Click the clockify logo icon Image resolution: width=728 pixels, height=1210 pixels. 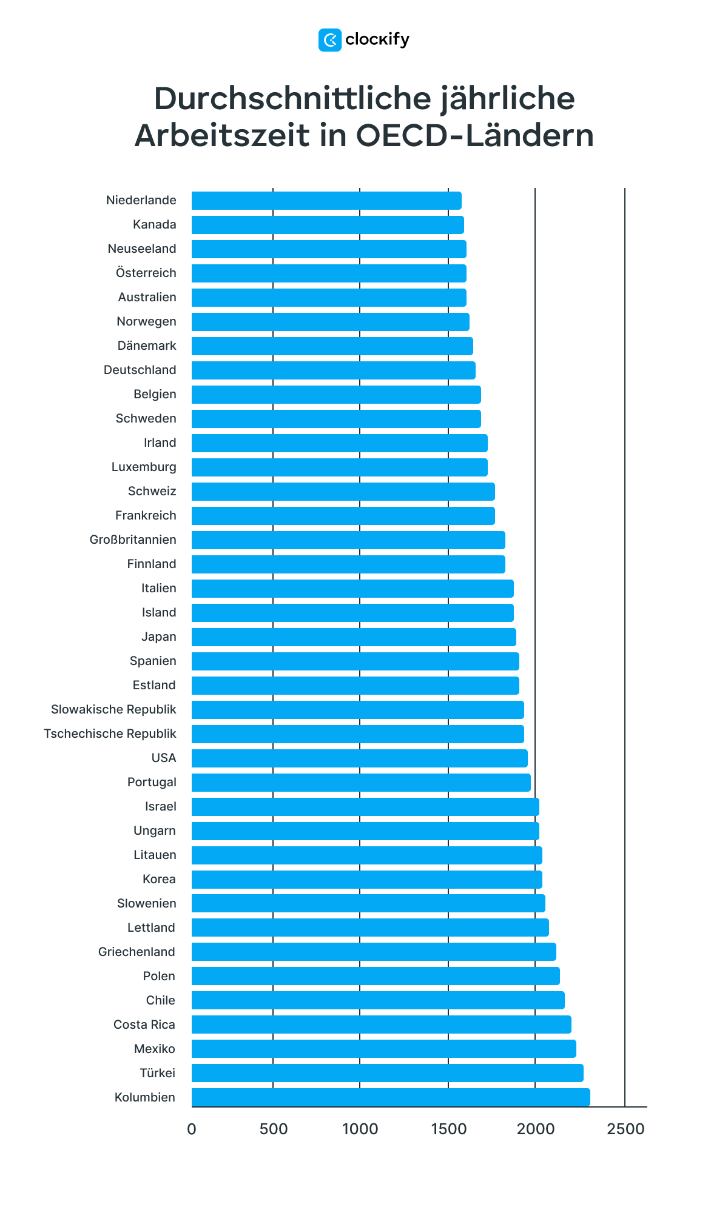point(329,40)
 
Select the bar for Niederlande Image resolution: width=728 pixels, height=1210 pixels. point(326,201)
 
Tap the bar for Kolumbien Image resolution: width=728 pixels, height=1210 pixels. point(391,1097)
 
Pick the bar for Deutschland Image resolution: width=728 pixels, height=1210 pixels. point(333,370)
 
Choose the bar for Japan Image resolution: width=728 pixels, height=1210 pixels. point(354,637)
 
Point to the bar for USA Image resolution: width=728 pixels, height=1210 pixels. point(359,758)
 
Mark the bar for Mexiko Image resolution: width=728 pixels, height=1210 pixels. point(383,1049)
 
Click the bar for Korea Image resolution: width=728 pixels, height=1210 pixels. point(366,880)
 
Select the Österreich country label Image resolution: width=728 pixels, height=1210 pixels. point(146,273)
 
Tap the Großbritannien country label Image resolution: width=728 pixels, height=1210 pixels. point(133,540)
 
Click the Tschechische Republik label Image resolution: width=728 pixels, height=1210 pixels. point(110,734)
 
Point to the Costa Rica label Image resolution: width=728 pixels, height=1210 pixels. point(144,1024)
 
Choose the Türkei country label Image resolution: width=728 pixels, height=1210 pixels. point(157,1073)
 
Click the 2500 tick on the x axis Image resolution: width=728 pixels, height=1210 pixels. point(625,1129)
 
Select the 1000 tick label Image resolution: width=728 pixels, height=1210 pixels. point(360,1129)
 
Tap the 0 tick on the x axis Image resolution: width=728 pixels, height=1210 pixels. point(192,1129)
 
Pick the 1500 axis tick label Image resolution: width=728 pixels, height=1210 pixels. point(448,1129)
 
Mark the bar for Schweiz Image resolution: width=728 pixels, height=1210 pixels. point(343,492)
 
